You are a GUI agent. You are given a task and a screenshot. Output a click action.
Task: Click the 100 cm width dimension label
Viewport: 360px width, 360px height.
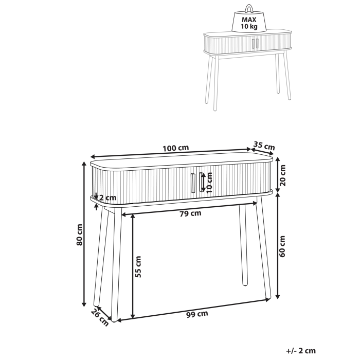click(x=175, y=148)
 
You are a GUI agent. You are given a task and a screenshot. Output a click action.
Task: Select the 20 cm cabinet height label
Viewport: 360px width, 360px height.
click(x=282, y=175)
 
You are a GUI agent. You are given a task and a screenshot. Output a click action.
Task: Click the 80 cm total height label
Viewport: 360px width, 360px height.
click(x=80, y=235)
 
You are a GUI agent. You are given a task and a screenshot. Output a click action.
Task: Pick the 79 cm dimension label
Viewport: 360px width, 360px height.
click(x=190, y=213)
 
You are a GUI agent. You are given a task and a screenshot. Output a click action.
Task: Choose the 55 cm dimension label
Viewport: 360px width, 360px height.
click(x=138, y=266)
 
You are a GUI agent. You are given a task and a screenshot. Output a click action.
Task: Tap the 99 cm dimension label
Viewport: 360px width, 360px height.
click(x=197, y=313)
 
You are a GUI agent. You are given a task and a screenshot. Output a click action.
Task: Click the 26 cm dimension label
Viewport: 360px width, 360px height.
click(x=100, y=317)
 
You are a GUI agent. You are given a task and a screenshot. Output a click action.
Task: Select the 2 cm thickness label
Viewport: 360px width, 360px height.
click(x=107, y=198)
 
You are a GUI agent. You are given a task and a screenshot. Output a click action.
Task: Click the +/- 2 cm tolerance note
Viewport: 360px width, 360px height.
click(x=301, y=351)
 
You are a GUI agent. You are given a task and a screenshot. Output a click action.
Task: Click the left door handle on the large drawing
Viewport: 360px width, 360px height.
click(x=192, y=182)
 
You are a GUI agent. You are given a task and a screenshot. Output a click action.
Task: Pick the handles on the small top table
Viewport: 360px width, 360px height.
click(x=254, y=44)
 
